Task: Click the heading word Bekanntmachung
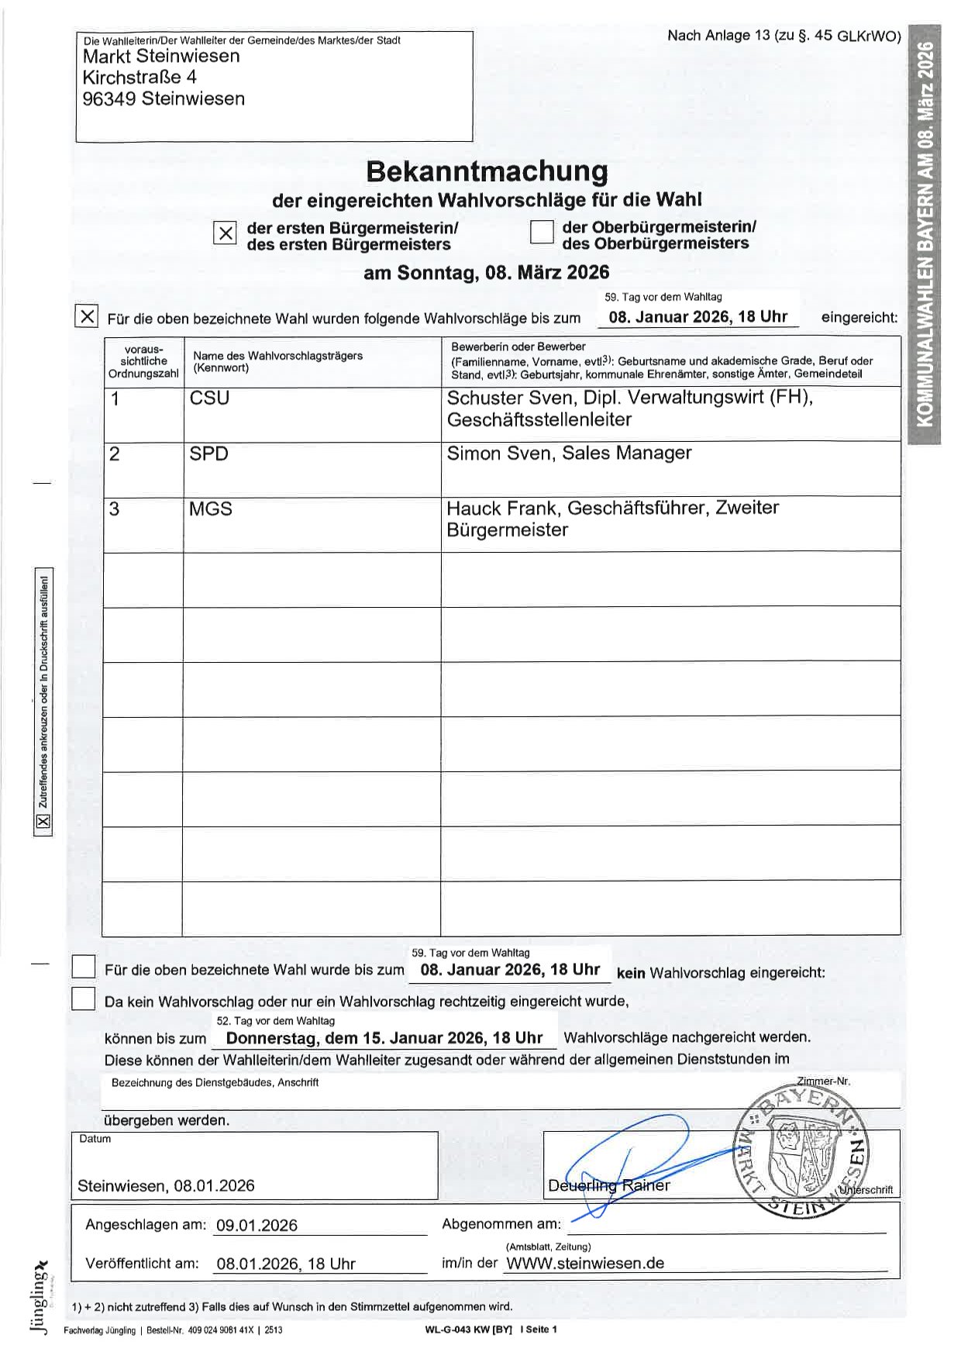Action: pos(487,171)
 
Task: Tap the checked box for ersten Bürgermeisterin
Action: pos(224,233)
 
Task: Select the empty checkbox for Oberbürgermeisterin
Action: pos(541,232)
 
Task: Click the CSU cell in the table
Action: pos(210,398)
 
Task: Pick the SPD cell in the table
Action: pos(208,454)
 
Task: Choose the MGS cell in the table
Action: pos(211,509)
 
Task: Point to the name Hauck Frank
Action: pos(502,509)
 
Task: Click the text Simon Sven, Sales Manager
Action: pos(569,454)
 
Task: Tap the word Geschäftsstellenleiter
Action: pos(539,420)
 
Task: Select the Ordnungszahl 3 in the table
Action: pos(115,509)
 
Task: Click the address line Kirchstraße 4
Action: pos(139,78)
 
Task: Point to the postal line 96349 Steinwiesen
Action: pos(164,99)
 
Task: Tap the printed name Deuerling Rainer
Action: pos(609,1185)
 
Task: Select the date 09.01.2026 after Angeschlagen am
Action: pos(257,1226)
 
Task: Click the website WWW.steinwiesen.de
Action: pos(584,1263)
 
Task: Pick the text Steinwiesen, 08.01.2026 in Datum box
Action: pos(166,1186)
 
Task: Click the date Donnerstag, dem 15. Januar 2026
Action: pos(384,1038)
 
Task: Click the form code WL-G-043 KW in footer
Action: pos(468,1330)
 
